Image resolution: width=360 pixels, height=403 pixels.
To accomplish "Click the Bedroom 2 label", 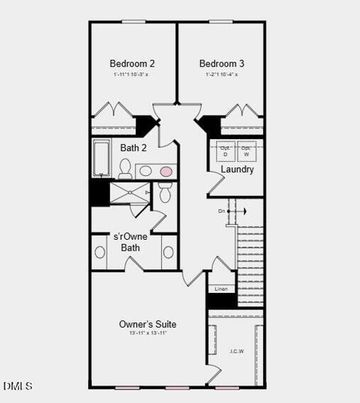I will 132,64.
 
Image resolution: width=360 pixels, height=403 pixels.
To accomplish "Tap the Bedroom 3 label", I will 222,64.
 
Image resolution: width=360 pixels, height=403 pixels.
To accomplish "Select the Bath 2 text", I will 134,148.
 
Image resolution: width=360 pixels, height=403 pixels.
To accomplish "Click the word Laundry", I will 238,169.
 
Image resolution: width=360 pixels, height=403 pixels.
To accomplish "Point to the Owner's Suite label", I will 148,324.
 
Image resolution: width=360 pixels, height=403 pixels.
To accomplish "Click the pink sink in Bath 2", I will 166,171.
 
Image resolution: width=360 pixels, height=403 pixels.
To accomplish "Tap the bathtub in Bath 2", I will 101,158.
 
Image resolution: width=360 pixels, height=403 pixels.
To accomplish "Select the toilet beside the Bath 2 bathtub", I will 125,167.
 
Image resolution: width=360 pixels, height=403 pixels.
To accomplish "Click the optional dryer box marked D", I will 226,151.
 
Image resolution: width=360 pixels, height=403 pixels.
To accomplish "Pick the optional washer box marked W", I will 246,151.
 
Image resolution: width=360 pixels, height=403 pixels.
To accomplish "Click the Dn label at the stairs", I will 222,212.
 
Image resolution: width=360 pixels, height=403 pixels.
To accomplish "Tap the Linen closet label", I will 221,289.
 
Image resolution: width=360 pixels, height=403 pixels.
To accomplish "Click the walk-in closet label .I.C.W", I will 236,351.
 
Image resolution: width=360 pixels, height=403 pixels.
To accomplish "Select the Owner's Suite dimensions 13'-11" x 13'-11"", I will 148,333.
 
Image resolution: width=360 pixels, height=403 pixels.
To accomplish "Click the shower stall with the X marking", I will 129,192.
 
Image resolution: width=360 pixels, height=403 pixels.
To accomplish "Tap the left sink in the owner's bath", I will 100,253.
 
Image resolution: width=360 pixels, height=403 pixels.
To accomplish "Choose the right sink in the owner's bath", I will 168,253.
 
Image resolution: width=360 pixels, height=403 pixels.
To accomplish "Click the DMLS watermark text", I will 17,386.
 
